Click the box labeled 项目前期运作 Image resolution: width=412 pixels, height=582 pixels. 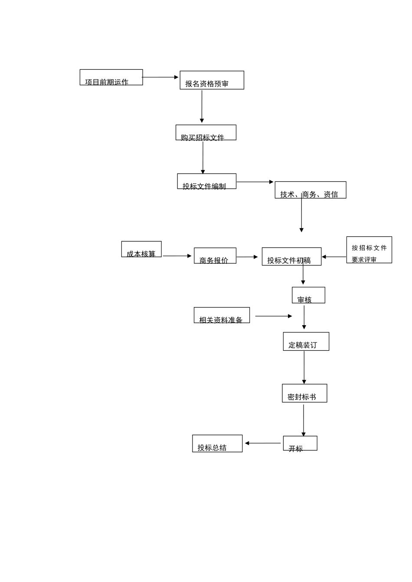pyautogui.click(x=111, y=78)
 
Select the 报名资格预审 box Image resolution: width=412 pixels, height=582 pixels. pyautogui.click(x=212, y=80)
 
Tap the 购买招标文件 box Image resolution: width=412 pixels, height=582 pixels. pyautogui.click(x=206, y=133)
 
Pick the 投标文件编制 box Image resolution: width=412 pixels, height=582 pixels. pyautogui.click(x=206, y=181)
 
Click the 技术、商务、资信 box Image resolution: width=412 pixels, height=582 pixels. pyautogui.click(x=310, y=190)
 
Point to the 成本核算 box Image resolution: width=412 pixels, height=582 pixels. pyautogui.click(x=141, y=249)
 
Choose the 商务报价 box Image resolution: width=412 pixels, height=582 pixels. pyautogui.click(x=215, y=255)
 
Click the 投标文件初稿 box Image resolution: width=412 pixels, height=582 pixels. pyautogui.click(x=291, y=256)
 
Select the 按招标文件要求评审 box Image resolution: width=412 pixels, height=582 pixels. pyautogui.click(x=369, y=250)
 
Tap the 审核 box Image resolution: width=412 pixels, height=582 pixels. pyautogui.click(x=308, y=295)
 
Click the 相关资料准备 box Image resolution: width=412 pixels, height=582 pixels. pyautogui.click(x=222, y=315)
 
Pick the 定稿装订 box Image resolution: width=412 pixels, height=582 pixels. pyautogui.click(x=306, y=341)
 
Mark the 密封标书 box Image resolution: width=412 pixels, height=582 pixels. pyautogui.click(x=304, y=393)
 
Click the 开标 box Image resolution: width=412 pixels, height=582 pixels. pyautogui.click(x=300, y=443)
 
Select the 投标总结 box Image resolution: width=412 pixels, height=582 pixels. pyautogui.click(x=217, y=443)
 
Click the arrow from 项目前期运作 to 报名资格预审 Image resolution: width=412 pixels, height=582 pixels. pyautogui.click(x=160, y=77)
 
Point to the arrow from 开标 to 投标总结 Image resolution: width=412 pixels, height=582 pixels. pyautogui.click(x=263, y=443)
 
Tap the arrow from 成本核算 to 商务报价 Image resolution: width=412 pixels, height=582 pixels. pyautogui.click(x=177, y=256)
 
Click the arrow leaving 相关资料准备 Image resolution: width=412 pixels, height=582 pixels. pyautogui.click(x=273, y=316)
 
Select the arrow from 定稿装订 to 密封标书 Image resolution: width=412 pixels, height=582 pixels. pyautogui.click(x=304, y=367)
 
